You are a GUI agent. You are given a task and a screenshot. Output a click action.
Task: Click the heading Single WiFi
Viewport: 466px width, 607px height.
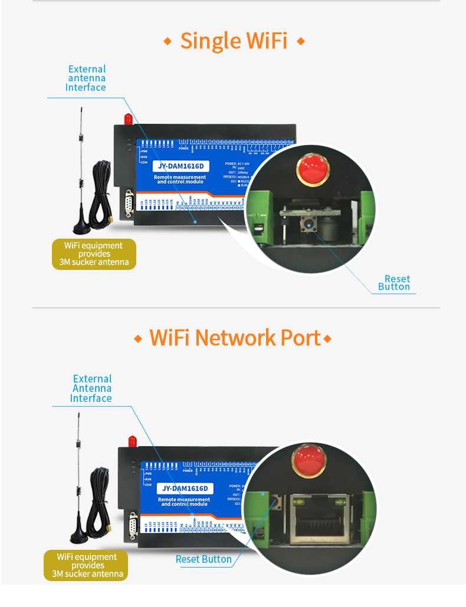pos(234,41)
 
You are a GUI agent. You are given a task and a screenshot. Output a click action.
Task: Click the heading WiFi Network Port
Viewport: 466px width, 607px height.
pos(235,338)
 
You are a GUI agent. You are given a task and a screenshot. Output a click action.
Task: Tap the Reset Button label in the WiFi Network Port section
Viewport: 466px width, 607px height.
pos(204,559)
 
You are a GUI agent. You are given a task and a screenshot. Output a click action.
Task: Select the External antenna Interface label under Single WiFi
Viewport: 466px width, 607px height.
pos(86,78)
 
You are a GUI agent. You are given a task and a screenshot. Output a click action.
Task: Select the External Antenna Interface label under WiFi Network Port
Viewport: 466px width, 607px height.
pos(91,388)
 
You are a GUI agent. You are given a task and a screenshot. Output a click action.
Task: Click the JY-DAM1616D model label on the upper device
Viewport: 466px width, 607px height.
pos(182,166)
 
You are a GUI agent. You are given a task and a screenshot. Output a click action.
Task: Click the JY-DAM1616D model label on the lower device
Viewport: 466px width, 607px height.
pos(185,489)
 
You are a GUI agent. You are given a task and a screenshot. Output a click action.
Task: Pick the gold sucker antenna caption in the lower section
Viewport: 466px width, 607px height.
pos(86,565)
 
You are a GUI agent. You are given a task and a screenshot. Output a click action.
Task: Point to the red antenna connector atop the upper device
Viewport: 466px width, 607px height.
pos(126,118)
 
